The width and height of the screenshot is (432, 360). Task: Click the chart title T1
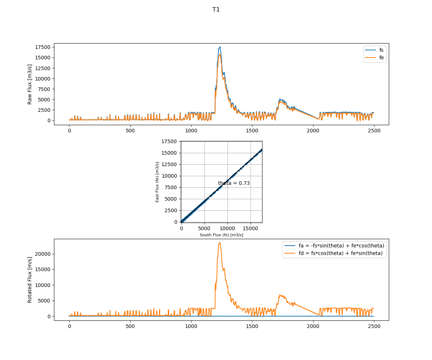216,10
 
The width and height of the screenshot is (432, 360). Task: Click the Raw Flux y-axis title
30,84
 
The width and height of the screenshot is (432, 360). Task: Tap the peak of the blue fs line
220,47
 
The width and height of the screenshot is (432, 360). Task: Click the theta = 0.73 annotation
234,183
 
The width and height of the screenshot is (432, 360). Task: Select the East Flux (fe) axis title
157,182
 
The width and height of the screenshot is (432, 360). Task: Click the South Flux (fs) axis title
221,235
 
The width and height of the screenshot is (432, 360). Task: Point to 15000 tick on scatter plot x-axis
251,227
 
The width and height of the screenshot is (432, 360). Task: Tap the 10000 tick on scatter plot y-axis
170,176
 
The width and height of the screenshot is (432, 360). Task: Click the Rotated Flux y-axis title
30,280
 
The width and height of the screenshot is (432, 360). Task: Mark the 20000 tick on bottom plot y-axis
43,254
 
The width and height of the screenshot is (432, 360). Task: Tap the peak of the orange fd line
220,242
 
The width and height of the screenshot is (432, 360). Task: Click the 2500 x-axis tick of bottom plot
374,326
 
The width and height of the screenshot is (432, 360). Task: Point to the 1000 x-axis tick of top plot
191,130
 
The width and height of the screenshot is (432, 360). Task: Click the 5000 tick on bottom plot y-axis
44,301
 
